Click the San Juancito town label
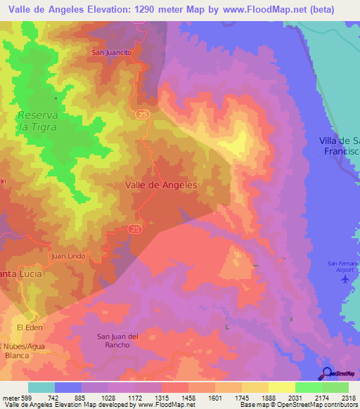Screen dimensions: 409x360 111,52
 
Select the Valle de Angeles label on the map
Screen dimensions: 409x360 160,184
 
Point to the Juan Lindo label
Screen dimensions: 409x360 69,257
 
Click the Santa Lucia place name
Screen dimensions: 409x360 21,273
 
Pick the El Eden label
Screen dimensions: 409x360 30,328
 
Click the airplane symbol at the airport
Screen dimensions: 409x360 345,280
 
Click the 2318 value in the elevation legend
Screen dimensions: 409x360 348,398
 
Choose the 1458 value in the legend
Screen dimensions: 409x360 188,398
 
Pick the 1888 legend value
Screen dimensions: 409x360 268,398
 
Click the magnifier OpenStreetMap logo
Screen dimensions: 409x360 328,373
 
